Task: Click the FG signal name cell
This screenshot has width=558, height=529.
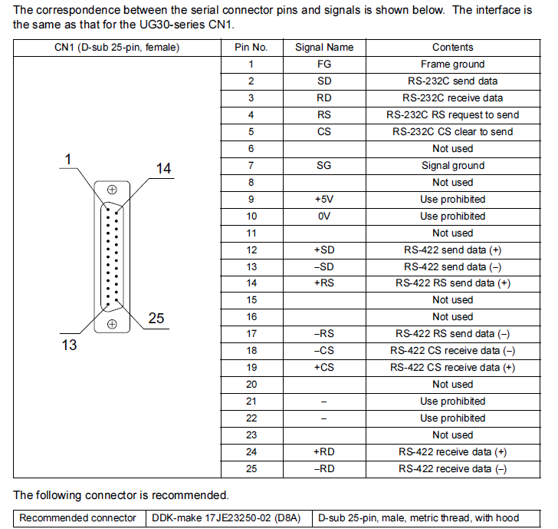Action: [323, 64]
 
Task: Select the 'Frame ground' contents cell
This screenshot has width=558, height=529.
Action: [453, 64]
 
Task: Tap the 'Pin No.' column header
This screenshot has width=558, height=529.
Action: [251, 48]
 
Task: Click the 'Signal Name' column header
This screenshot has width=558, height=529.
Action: [324, 48]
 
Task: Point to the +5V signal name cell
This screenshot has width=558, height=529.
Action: [323, 200]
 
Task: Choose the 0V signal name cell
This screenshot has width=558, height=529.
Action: [323, 217]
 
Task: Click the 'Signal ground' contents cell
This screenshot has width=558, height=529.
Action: [453, 165]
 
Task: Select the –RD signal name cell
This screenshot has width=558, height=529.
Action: [323, 469]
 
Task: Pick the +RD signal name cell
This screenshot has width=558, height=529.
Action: [323, 452]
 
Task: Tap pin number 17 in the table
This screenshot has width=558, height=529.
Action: [251, 334]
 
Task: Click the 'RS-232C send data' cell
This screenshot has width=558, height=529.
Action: [453, 81]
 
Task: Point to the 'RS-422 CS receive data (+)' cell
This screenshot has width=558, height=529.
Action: [453, 368]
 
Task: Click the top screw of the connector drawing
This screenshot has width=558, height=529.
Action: [112, 190]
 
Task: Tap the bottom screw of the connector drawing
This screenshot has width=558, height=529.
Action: [112, 324]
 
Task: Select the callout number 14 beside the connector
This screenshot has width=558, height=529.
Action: [163, 168]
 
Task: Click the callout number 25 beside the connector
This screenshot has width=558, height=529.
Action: [156, 318]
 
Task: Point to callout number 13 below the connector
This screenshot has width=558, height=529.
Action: [69, 345]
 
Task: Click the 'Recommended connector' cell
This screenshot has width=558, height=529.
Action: [77, 518]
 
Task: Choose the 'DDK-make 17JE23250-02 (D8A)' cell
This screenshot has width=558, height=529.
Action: [226, 518]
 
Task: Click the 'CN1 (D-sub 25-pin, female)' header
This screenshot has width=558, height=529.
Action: [117, 48]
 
